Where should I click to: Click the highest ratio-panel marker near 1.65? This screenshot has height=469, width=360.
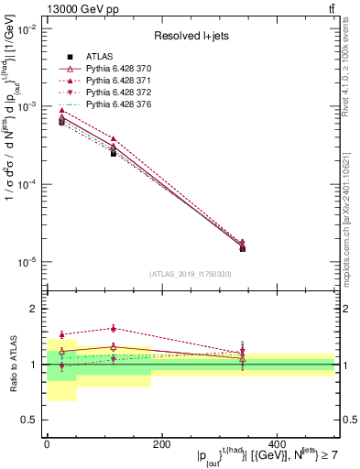[x=114, y=328]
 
